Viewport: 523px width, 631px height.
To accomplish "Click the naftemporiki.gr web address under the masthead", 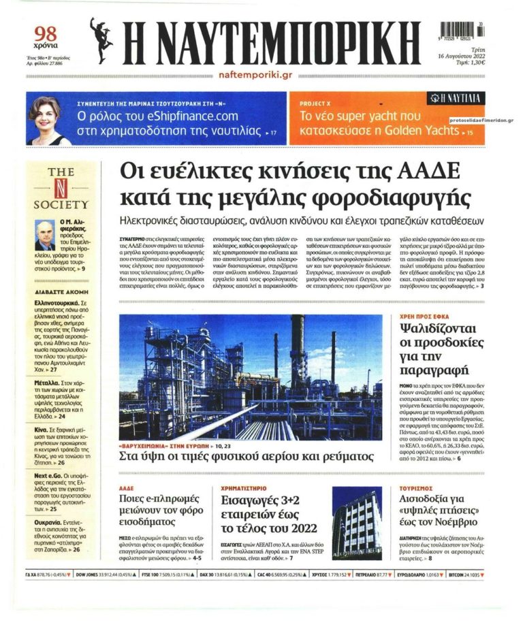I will point(255,74).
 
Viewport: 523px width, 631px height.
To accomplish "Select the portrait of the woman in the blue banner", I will point(49,120).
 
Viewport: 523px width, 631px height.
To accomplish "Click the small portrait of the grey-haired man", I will point(46,235).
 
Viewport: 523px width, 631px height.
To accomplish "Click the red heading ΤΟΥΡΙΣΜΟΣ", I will point(417,488).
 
